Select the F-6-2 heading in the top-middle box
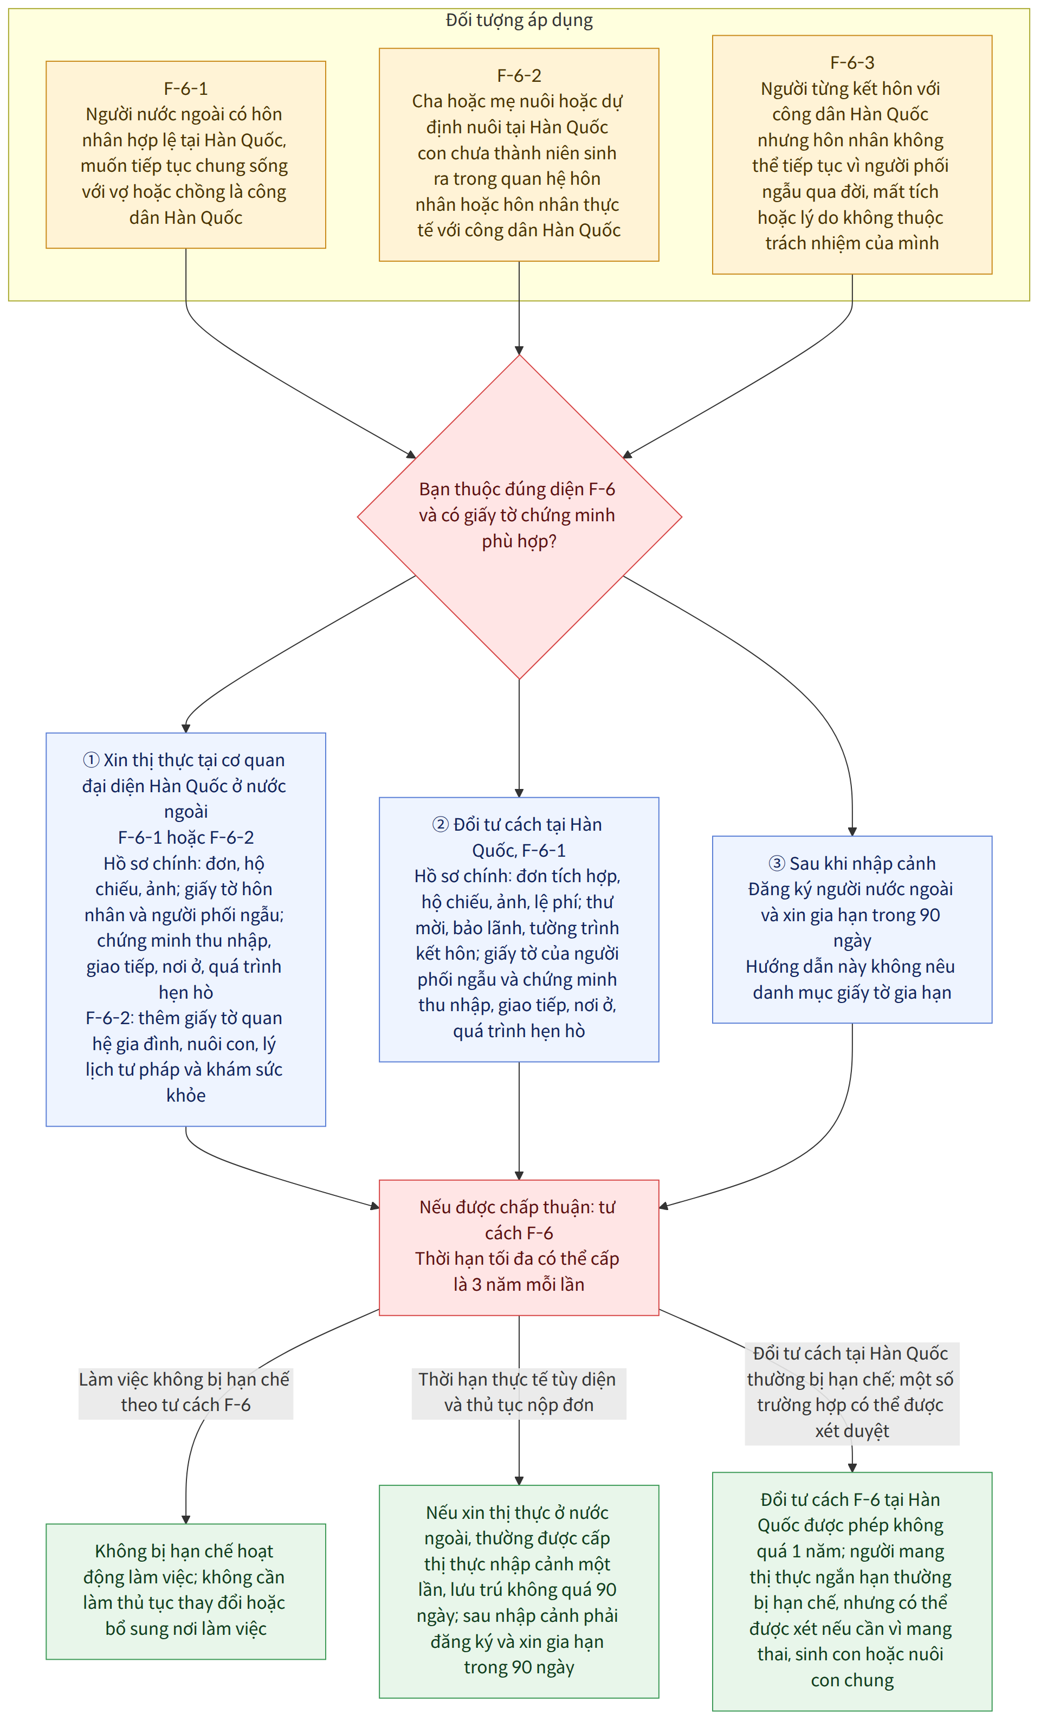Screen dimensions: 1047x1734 [519, 75]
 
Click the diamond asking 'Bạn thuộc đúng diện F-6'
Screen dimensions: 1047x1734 [519, 516]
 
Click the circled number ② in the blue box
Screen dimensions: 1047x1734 [441, 824]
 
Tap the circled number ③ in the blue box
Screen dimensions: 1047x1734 [777, 863]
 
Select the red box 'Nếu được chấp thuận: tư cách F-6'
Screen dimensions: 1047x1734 [519, 1247]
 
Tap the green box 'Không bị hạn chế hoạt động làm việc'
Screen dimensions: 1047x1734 [186, 1591]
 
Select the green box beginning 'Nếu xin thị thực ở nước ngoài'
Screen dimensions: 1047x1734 [519, 1591]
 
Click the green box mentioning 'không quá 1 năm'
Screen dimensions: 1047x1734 [852, 1591]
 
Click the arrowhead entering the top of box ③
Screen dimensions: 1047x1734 [852, 832]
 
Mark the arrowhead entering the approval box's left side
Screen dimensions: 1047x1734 [375, 1206]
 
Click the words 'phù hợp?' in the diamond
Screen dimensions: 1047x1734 [519, 541]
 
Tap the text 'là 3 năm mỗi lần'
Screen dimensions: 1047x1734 [519, 1284]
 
